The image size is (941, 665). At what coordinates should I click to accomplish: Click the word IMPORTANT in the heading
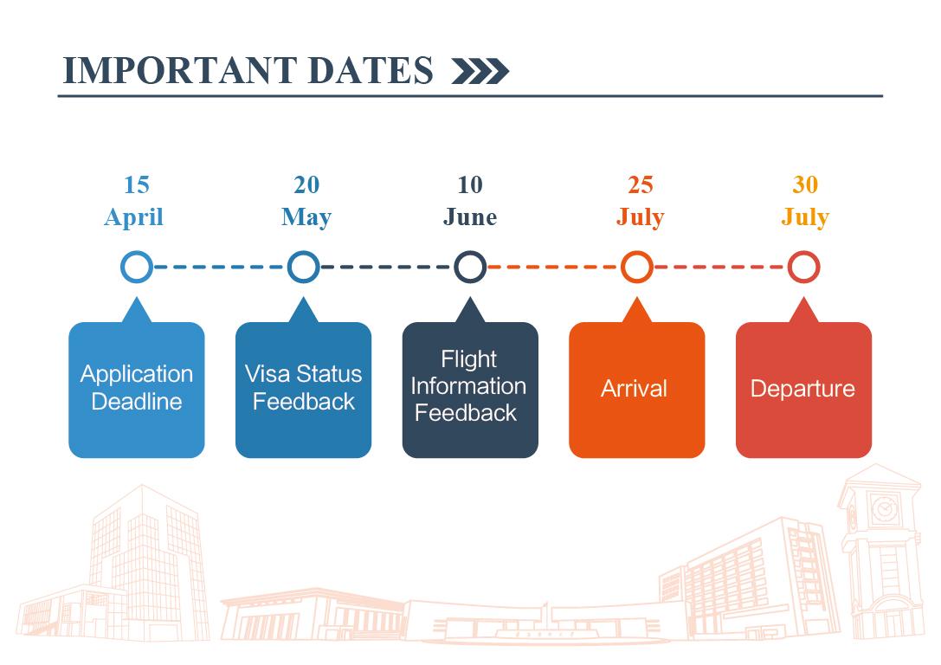point(180,70)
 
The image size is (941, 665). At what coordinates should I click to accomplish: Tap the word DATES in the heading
point(371,70)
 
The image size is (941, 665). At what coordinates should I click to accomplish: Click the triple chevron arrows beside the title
point(480,71)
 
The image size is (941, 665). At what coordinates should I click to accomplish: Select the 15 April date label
point(134,201)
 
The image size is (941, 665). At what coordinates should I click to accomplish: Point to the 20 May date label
point(306,201)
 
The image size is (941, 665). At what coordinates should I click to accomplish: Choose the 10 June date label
point(470,201)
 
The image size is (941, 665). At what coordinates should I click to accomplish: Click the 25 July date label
point(641,201)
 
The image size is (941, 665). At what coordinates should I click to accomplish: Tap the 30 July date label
point(805,201)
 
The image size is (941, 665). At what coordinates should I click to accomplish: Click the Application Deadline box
point(137,390)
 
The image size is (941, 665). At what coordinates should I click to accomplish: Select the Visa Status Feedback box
point(304,390)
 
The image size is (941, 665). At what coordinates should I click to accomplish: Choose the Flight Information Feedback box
point(470,390)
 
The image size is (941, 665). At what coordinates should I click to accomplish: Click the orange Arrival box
point(637,390)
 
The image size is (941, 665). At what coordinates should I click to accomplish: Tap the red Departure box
point(803,390)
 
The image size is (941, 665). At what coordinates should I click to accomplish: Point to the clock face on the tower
point(884,509)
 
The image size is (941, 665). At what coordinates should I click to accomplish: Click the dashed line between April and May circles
point(220,267)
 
